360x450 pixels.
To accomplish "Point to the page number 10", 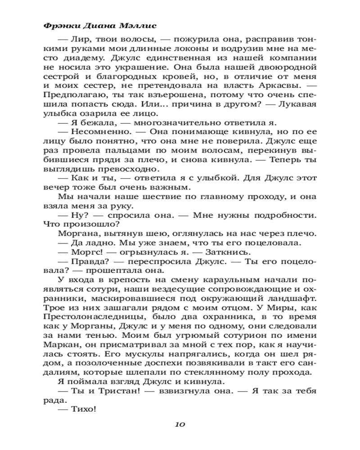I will click(180, 424).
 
